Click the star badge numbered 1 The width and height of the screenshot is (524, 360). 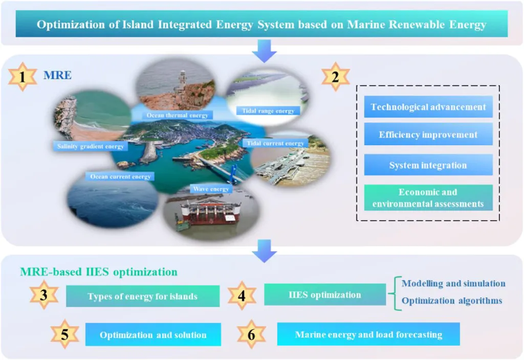23,77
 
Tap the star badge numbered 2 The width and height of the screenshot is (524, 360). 336,77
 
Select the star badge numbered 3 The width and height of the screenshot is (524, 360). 44,295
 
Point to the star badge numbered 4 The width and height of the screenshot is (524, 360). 242,296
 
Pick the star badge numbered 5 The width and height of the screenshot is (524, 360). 65,334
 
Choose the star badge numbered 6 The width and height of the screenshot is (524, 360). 251,334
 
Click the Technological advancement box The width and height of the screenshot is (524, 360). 428,107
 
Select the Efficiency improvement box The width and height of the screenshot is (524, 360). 428,134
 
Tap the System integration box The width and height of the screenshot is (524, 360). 428,165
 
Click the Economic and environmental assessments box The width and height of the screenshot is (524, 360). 428,198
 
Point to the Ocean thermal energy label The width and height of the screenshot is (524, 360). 177,115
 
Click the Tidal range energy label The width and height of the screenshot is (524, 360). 268,110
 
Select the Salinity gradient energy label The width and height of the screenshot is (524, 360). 90,146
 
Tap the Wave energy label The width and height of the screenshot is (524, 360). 211,189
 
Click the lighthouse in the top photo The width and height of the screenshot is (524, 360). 182,81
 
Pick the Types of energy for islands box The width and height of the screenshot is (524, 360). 143,296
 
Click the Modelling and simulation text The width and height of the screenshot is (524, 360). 453,283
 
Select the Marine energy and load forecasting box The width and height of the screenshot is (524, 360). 368,334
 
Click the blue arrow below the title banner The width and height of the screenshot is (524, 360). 265,51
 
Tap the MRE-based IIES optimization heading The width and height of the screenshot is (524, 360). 99,272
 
